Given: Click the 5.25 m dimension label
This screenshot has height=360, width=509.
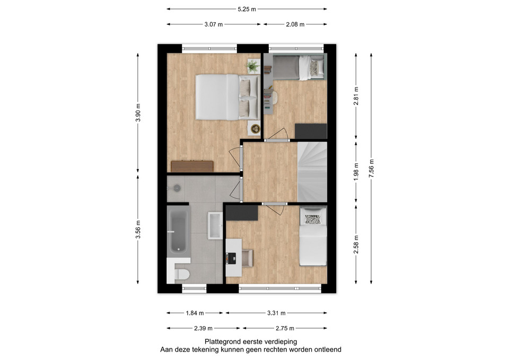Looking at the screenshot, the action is coord(247,9).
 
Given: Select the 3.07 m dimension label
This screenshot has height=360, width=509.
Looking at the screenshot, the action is coord(214,24).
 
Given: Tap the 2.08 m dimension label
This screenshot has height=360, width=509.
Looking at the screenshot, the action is coord(295,24).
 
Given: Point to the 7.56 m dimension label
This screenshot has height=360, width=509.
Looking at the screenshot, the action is coord(371,168).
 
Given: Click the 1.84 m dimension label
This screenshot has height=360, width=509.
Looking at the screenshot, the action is coord(195,313).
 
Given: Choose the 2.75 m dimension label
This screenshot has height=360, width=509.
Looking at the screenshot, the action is coord(285,328).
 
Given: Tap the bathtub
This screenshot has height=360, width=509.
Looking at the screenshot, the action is coord(178,230).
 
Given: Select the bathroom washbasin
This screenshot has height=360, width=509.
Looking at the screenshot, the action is coord(215,225).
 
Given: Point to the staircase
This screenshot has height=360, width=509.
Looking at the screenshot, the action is coord(312,172).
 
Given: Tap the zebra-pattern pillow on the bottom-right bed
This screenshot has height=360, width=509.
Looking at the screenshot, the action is coord(313,219).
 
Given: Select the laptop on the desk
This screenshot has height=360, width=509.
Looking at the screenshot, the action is coord(232,258).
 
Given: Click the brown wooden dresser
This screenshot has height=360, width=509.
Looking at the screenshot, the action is coord(192,166).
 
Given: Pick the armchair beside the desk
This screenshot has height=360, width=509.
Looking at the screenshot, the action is coord(247,258).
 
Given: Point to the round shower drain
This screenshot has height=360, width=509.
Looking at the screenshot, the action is coord(177,188).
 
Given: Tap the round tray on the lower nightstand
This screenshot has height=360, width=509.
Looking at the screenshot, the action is coord(256,128).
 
